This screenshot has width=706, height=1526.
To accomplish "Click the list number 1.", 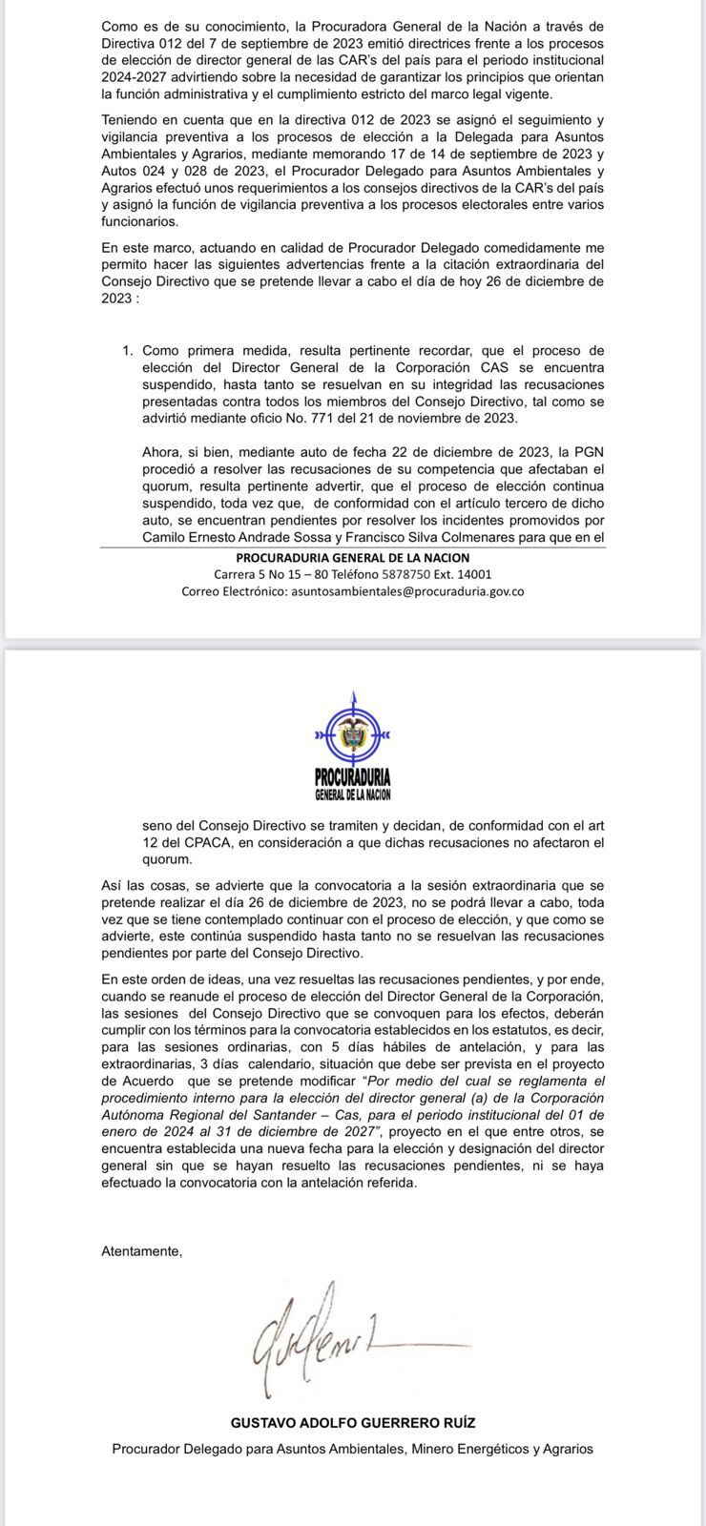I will point(126,351).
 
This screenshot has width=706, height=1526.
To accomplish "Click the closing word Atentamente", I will point(141,1250).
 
